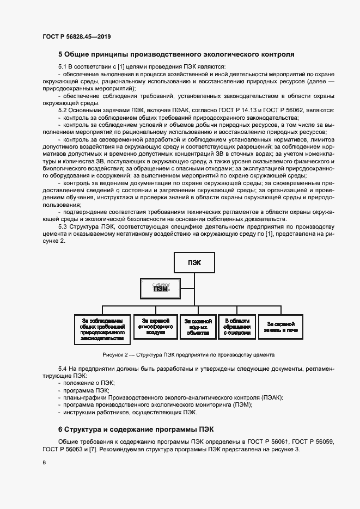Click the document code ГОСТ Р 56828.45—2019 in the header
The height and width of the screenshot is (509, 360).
76,36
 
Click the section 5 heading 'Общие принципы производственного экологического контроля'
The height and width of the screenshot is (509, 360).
176,54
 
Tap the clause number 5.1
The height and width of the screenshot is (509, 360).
63,66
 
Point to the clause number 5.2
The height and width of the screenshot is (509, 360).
63,110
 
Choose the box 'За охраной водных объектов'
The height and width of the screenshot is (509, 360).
198,326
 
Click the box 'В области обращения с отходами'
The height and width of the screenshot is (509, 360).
236,326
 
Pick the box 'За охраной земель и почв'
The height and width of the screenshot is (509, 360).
280,327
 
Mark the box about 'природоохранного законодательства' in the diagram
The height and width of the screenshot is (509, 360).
102,329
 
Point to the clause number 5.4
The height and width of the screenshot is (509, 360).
63,369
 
